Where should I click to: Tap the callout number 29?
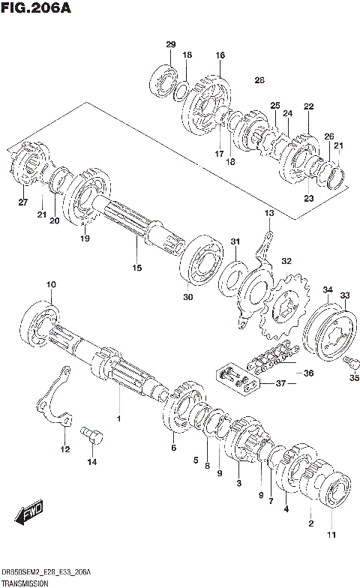tap(170, 46)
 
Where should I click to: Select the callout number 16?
tap(220, 55)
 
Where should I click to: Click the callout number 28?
tap(259, 80)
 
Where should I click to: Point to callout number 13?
tap(269, 214)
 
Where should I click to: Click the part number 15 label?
tap(136, 268)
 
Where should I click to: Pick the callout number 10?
tap(51, 284)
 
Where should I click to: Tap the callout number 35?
tap(354, 377)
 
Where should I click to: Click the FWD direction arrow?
tap(30, 515)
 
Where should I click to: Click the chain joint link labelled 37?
tap(239, 376)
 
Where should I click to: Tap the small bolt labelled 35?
tap(347, 363)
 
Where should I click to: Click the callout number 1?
tap(117, 416)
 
